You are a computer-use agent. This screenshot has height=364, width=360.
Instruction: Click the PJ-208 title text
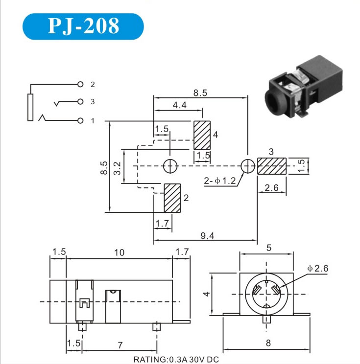pyautogui.click(x=83, y=26)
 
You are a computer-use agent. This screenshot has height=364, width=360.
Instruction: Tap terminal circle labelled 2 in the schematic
pyautogui.click(x=80, y=84)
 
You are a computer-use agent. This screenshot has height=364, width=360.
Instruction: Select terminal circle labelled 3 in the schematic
pyautogui.click(x=80, y=101)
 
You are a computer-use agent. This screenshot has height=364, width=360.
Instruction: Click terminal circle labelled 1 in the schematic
pyautogui.click(x=80, y=120)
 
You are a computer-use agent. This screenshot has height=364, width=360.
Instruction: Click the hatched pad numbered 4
pyautogui.click(x=202, y=136)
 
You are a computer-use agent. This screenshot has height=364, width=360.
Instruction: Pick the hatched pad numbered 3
pyautogui.click(x=272, y=166)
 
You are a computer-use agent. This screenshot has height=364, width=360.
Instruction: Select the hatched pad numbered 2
pyautogui.click(x=172, y=198)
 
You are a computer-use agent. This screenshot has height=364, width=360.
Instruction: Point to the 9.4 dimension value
pyautogui.click(x=207, y=236)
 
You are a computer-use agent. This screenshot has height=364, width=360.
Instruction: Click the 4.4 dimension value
pyautogui.click(x=179, y=105)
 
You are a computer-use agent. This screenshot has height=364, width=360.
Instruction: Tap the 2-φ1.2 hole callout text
pyautogui.click(x=220, y=181)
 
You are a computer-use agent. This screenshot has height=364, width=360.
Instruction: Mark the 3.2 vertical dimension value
pyautogui.click(x=118, y=168)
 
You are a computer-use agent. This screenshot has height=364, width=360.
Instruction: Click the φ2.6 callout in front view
pyautogui.click(x=317, y=269)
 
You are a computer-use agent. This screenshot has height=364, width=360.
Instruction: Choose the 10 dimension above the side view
pyautogui.click(x=119, y=252)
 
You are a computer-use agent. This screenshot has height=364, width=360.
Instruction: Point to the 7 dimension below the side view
pyautogui.click(x=120, y=345)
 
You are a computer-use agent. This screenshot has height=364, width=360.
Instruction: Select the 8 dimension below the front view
pyautogui.click(x=268, y=343)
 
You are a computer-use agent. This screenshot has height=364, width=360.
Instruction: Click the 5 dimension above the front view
pyautogui.click(x=269, y=248)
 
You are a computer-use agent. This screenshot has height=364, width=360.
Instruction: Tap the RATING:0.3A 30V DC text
pyautogui.click(x=176, y=360)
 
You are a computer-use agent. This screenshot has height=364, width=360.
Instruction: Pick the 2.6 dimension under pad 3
pyautogui.click(x=271, y=187)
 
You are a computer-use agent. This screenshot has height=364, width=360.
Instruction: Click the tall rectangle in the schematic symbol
pyautogui.click(x=30, y=107)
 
